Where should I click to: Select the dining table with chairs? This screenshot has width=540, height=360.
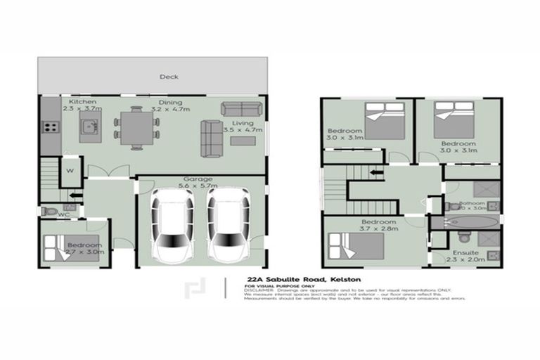coord(136,129)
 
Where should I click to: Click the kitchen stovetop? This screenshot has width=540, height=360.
coord(51,127)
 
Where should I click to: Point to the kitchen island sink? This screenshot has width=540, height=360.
coord(89,127)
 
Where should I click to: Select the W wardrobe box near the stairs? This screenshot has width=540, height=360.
coord(71,169)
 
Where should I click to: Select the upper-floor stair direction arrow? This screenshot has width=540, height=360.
coord(377,172)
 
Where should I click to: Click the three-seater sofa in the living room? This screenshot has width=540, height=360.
coord(241,108)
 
